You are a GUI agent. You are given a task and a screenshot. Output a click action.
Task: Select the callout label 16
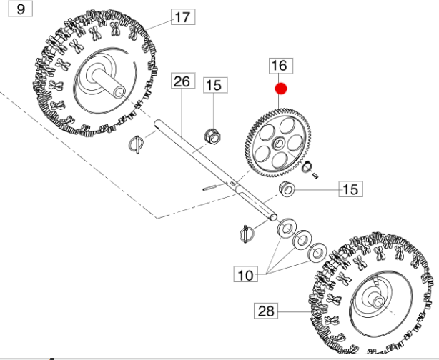pyautogui.click(x=278, y=66)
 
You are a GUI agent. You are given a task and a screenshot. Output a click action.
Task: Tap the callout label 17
pyautogui.click(x=182, y=16)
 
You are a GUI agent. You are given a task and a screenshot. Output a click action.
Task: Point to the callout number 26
pyautogui.click(x=181, y=81)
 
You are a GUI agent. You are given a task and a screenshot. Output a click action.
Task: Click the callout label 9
pyautogui.click(x=19, y=9)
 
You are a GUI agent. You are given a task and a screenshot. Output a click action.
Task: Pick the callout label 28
pyautogui.click(x=265, y=310)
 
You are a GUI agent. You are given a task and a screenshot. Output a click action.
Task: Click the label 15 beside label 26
pyautogui.click(x=214, y=85)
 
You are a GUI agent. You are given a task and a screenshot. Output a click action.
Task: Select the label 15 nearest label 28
pyautogui.click(x=350, y=189)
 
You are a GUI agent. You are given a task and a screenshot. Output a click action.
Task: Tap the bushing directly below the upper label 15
pyautogui.click(x=212, y=134)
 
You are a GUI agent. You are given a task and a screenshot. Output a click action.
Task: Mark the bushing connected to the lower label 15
pyautogui.click(x=287, y=189)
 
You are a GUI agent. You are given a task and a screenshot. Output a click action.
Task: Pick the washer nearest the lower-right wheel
pyautogui.click(x=316, y=251)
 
